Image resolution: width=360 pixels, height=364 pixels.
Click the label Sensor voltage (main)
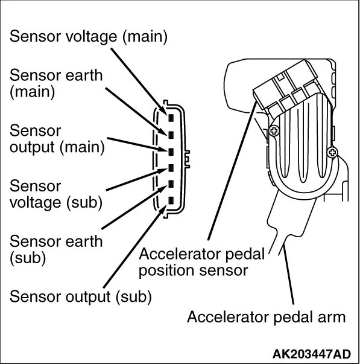(88, 37)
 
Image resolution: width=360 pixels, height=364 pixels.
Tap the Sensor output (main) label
(57, 138)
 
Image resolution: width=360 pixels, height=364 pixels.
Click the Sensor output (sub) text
(80, 296)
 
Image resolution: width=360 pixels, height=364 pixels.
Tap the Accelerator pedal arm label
(265, 317)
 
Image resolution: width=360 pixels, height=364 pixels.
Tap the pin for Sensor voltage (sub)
(171, 168)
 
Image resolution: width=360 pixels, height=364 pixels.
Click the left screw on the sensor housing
(274, 130)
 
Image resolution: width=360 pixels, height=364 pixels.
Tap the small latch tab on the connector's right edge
(189, 156)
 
